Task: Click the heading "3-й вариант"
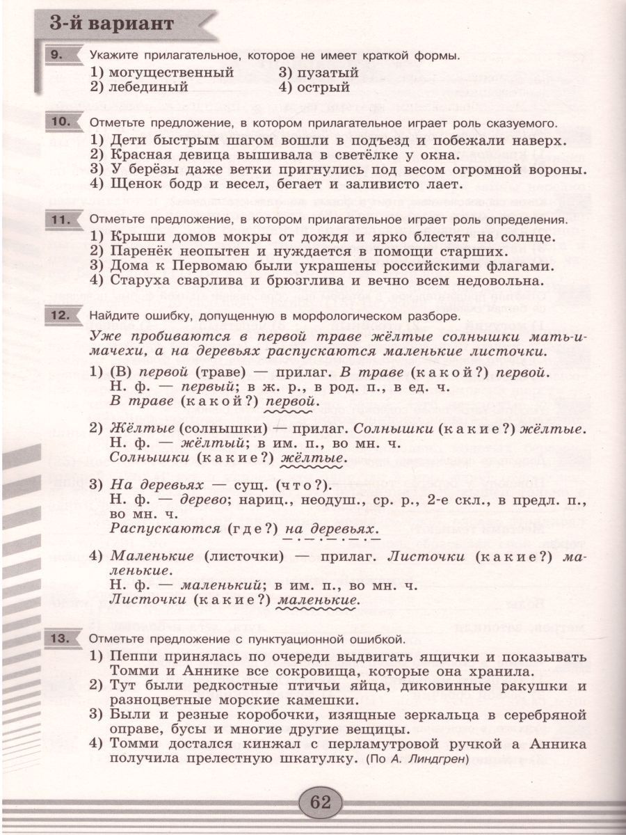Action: [x=111, y=24]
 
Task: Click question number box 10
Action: [x=62, y=122]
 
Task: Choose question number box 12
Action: [x=62, y=315]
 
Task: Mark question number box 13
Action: [x=62, y=637]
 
